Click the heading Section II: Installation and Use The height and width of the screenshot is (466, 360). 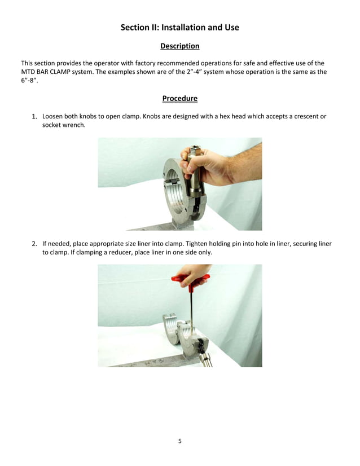pyautogui.click(x=179, y=27)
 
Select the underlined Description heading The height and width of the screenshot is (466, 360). pyautogui.click(x=179, y=46)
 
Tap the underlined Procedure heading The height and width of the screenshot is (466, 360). pyautogui.click(x=179, y=99)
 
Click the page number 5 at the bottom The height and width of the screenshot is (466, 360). pyautogui.click(x=180, y=441)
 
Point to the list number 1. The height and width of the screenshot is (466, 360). pyautogui.click(x=34, y=117)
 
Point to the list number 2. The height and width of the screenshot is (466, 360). pyautogui.click(x=34, y=244)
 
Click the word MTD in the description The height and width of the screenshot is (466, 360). pyautogui.click(x=29, y=72)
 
